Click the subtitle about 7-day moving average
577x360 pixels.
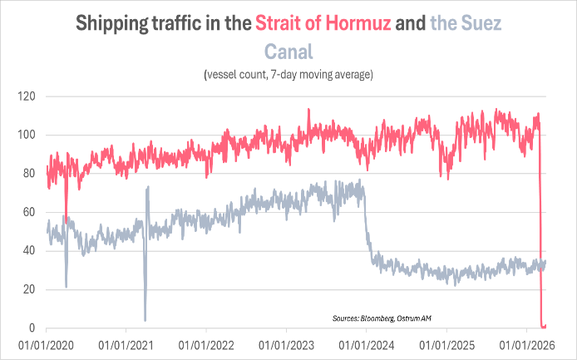pos(288,76)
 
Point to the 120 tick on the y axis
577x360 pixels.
pos(28,96)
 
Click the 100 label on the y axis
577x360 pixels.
pos(28,135)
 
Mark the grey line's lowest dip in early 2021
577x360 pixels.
pos(145,320)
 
